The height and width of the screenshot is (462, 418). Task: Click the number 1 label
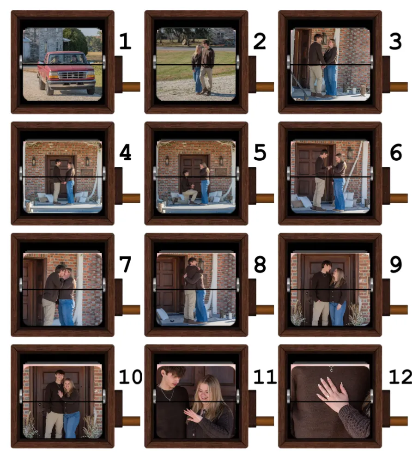[125, 41]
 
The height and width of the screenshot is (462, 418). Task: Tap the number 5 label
[260, 152]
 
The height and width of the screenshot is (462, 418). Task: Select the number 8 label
[260, 264]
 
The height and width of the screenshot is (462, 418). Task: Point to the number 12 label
[400, 377]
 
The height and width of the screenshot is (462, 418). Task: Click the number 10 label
[131, 377]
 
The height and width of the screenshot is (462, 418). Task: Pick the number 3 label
[395, 41]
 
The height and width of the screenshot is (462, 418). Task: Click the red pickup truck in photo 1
[66, 73]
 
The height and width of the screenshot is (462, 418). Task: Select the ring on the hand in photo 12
[327, 396]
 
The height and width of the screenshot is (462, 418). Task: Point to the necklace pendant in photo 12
[331, 369]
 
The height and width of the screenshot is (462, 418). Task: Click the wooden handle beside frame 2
[265, 87]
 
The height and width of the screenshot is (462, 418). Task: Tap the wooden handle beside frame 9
[399, 310]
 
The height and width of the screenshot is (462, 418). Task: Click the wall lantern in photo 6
[350, 153]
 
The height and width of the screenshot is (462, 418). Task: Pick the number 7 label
[125, 264]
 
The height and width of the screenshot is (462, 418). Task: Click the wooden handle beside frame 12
[399, 421]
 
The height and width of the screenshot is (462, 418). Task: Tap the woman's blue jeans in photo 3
[331, 80]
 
